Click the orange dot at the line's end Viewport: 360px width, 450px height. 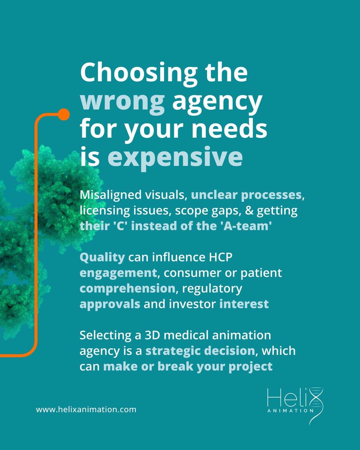pos(64,114)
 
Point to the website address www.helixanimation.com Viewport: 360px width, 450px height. pos(86,409)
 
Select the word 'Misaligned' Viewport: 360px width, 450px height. pos(107,195)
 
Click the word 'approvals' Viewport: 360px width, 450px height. pos(110,304)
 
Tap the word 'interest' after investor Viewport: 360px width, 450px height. pos(244,304)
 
